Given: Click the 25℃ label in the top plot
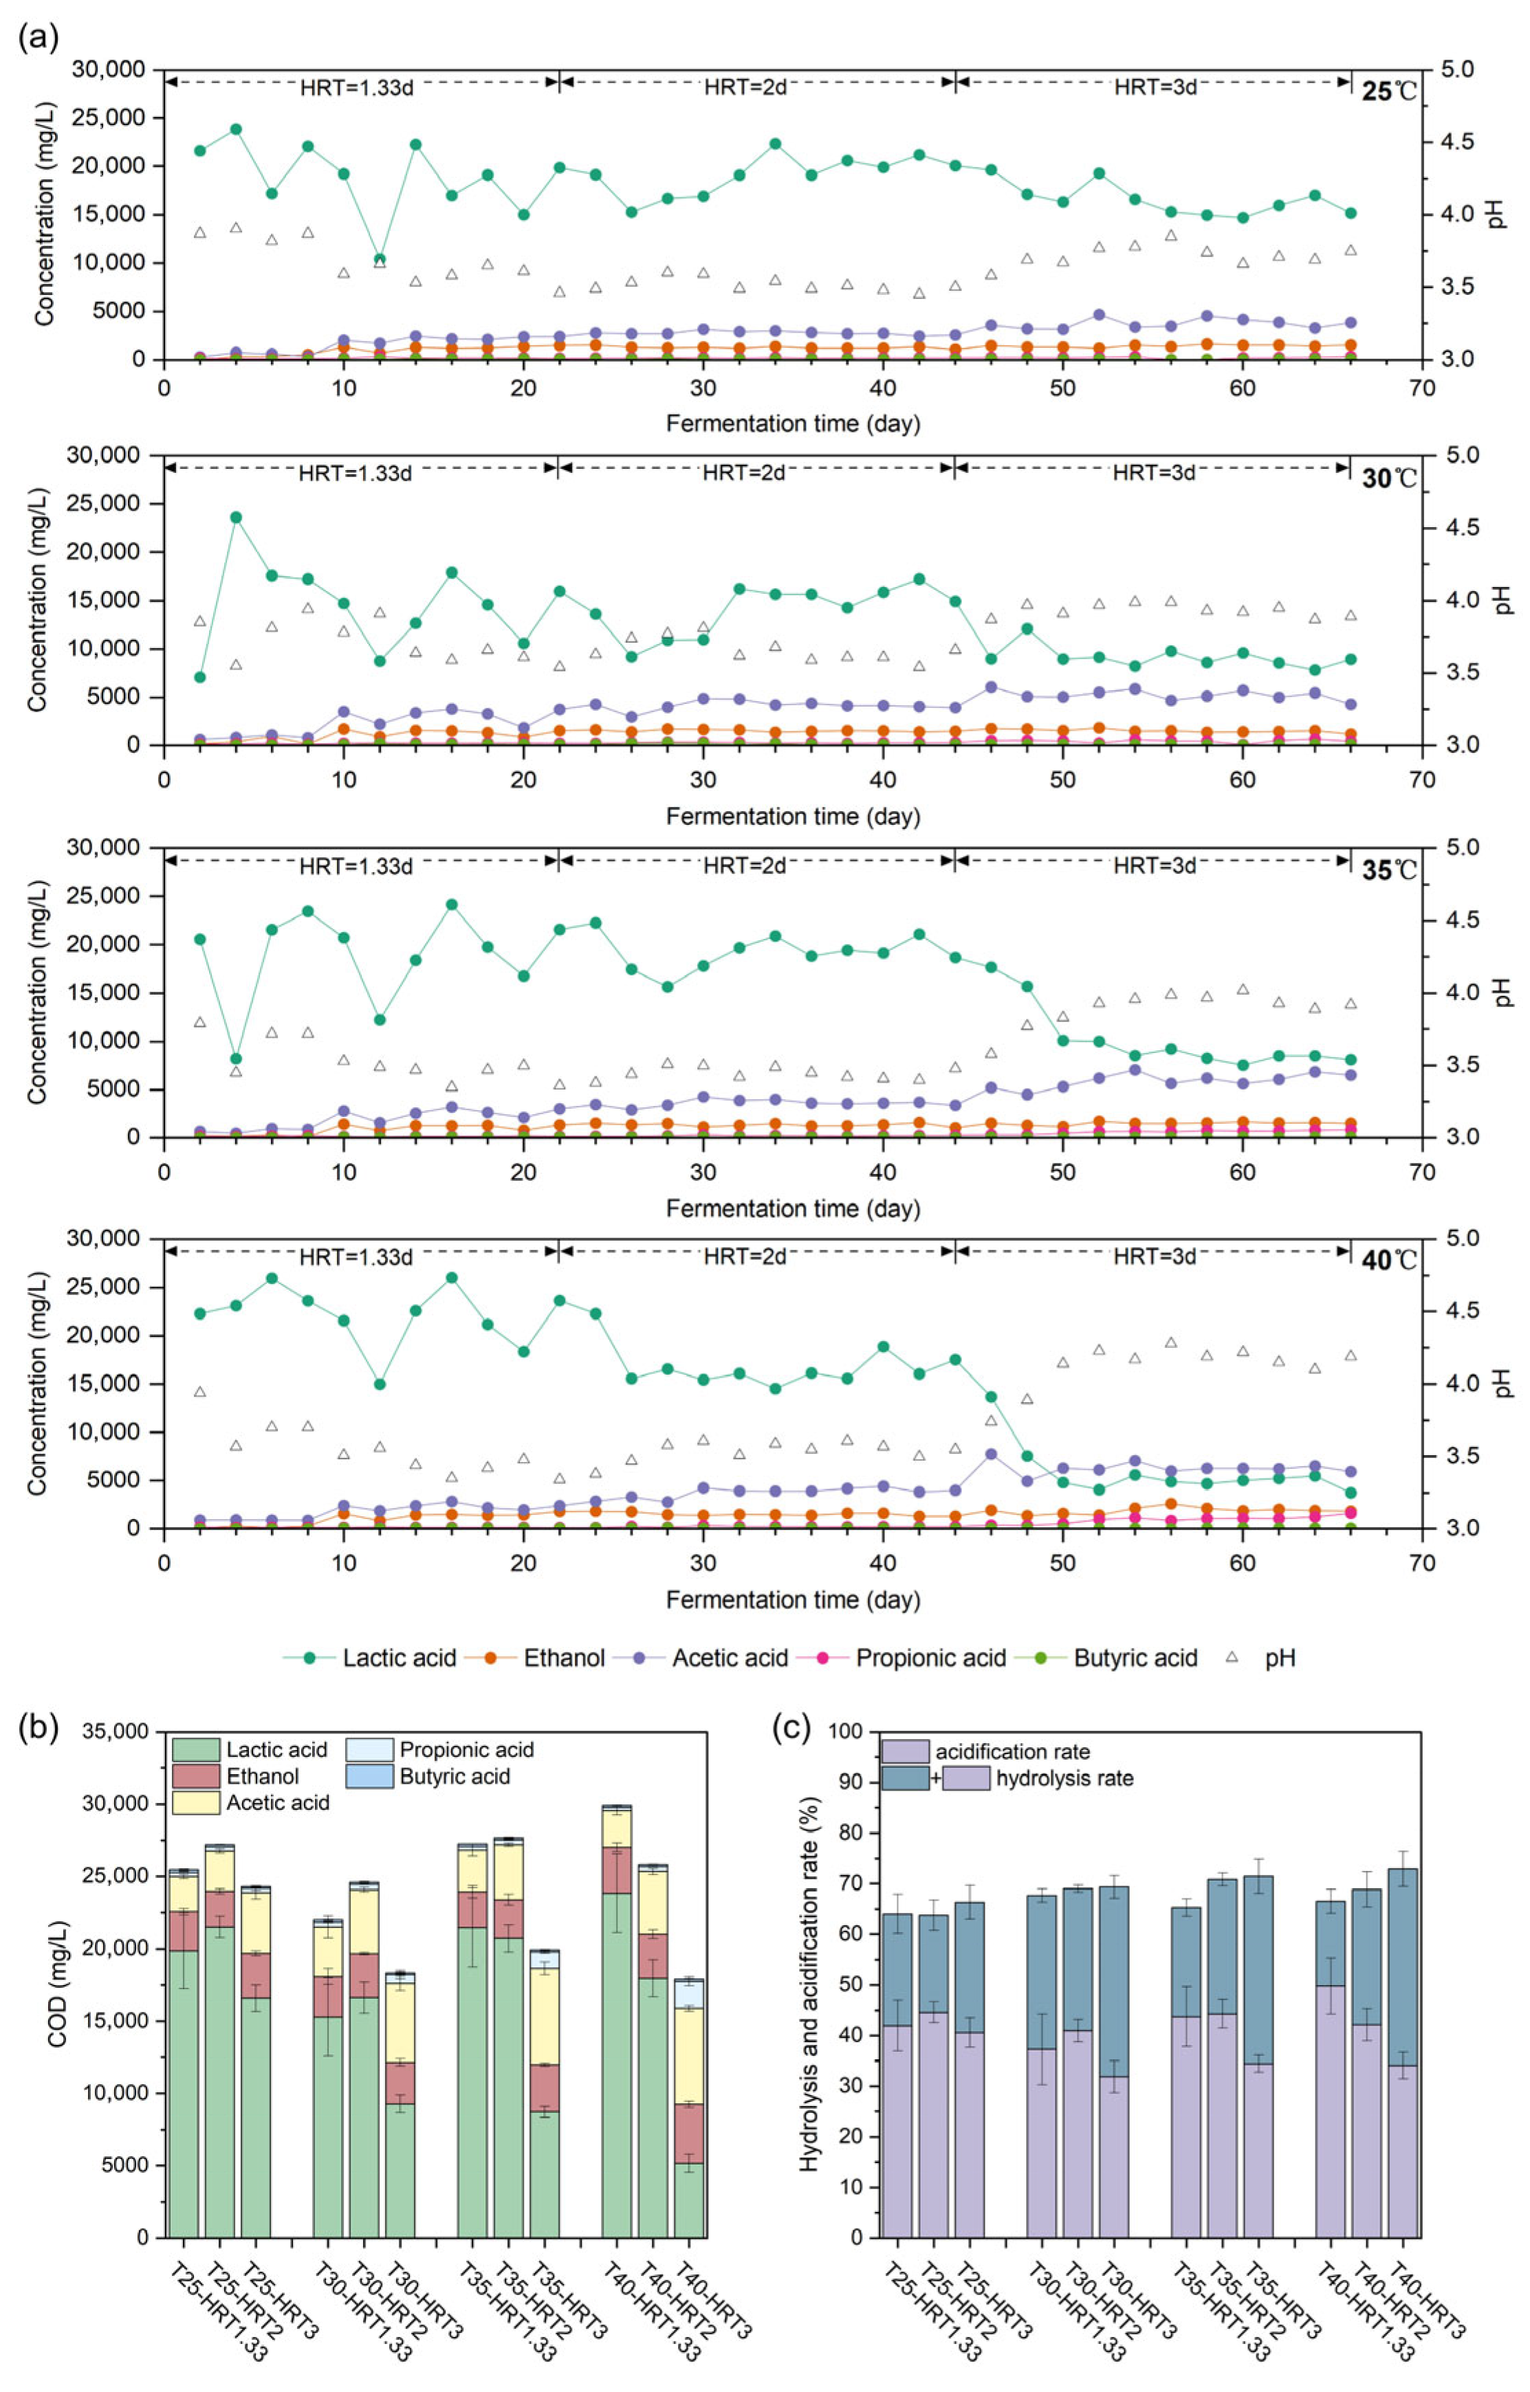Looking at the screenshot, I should point(1388,92).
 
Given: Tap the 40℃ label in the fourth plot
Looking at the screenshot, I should point(1388,1261).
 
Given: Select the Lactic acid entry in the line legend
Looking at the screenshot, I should point(398,1658).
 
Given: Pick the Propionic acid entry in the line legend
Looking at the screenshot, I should point(930,1658).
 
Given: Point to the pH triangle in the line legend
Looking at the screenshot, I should point(1232,1657).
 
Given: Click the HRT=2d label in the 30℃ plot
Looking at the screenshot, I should point(743,473).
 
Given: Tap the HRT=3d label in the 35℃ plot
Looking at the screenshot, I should point(1153,865).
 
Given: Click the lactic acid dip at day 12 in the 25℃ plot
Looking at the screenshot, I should point(380,259).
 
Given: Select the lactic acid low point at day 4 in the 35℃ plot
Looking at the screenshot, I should point(237,1058).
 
